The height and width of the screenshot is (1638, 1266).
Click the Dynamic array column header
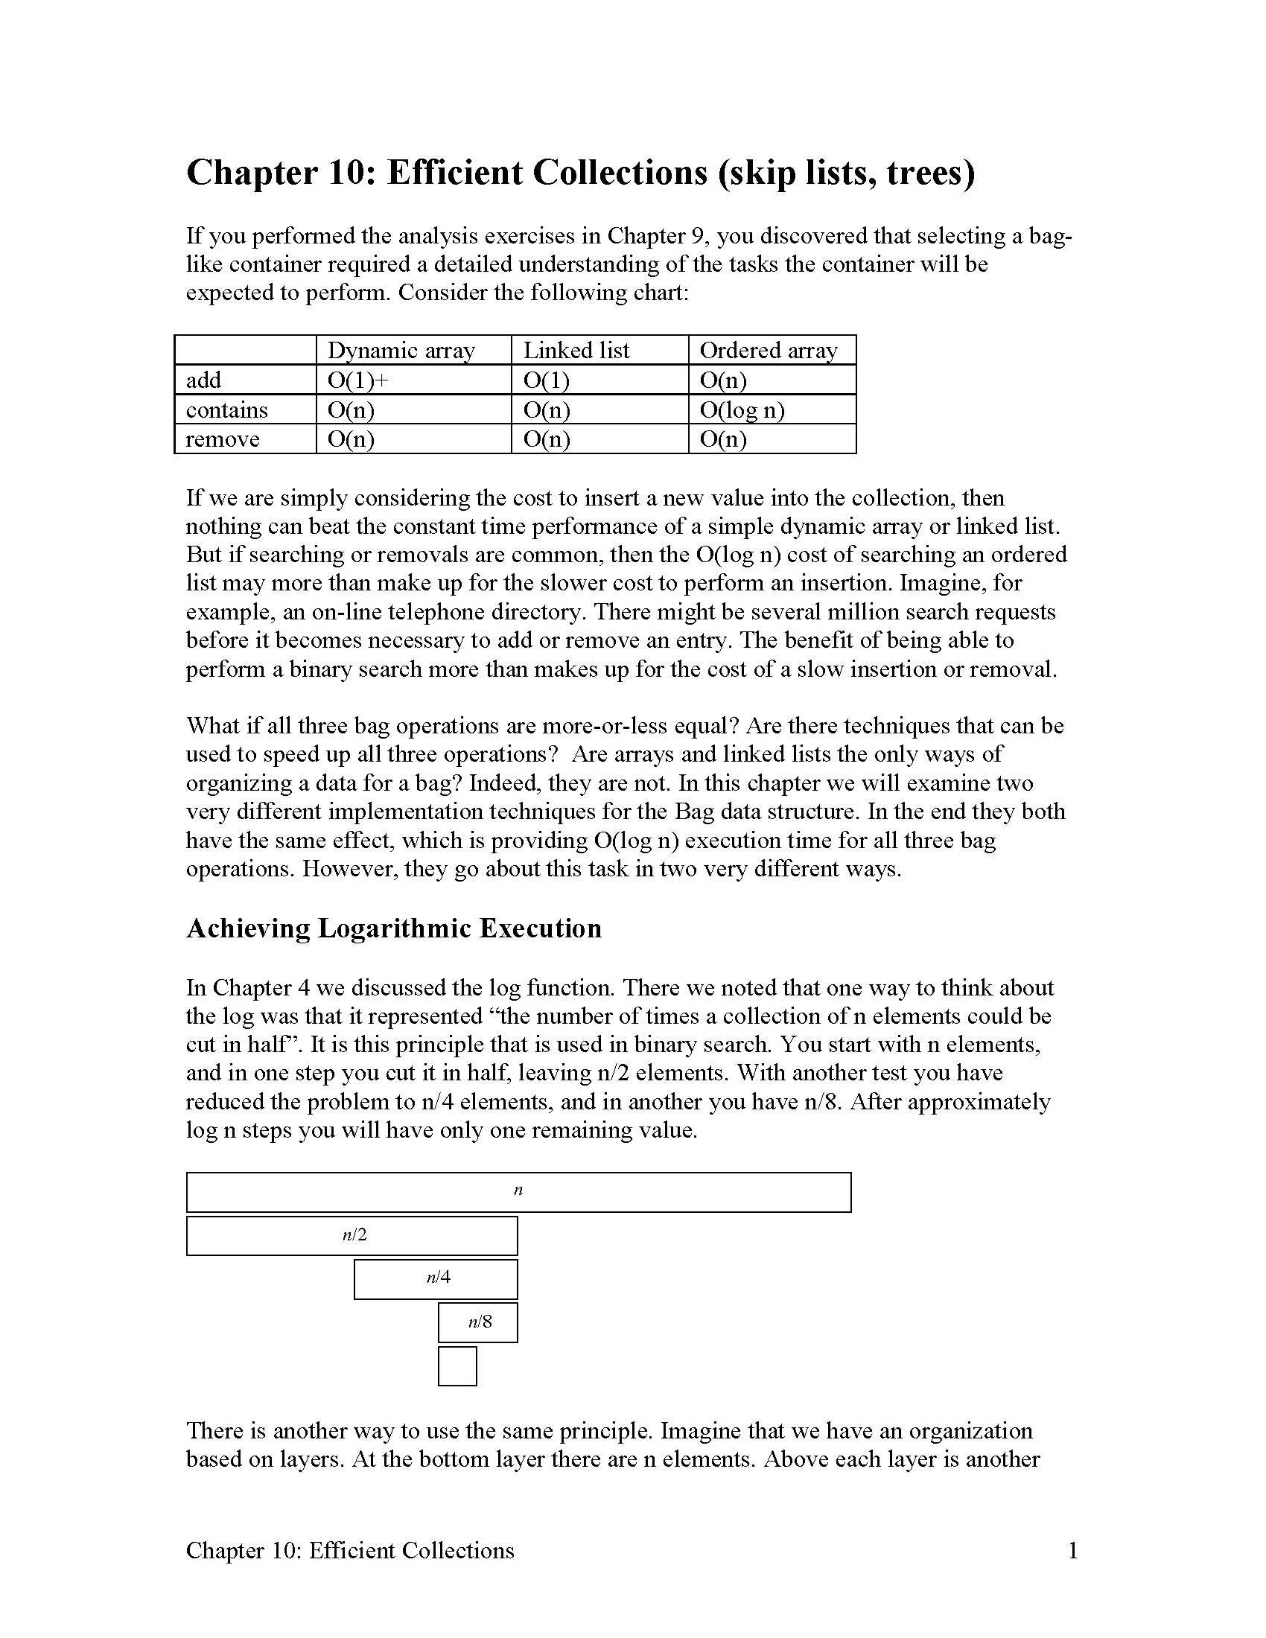(x=401, y=350)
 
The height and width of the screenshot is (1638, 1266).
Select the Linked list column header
(x=576, y=350)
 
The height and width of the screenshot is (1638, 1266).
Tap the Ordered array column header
(x=768, y=350)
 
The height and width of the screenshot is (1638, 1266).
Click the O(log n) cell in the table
(x=742, y=409)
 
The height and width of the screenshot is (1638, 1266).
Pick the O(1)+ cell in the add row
(x=357, y=380)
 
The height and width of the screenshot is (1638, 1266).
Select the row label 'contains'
(x=226, y=409)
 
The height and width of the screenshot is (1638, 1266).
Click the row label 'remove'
(x=222, y=439)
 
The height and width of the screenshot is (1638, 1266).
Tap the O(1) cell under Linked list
(x=546, y=380)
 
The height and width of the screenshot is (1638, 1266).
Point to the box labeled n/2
(x=352, y=1235)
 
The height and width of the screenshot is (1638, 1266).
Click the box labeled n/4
(x=436, y=1278)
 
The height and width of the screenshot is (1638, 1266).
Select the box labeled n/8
(x=478, y=1322)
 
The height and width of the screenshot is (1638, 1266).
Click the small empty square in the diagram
(x=457, y=1365)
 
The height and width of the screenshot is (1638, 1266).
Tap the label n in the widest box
(x=518, y=1191)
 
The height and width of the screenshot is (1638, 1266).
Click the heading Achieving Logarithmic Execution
(x=394, y=928)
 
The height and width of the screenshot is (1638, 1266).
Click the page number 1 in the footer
(x=1072, y=1550)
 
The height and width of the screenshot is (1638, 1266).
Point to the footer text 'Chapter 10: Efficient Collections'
(x=350, y=1550)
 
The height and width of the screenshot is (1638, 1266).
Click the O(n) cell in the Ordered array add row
(x=722, y=380)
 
